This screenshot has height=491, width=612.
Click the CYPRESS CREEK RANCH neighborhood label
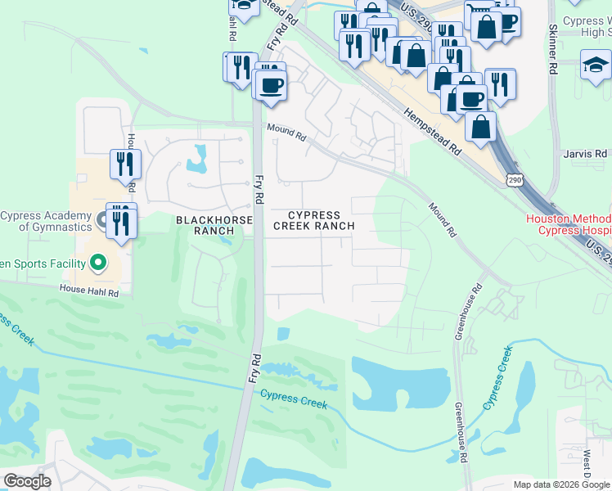point(313,220)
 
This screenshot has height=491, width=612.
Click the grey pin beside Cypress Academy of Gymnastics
point(101,219)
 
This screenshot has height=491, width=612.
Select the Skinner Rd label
point(553,50)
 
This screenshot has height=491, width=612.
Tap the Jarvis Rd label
point(586,153)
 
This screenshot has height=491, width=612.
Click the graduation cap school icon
point(596,65)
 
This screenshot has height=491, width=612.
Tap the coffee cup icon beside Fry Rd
point(271,84)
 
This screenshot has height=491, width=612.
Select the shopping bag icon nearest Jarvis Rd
point(480,127)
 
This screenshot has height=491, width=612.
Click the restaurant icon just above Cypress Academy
point(125,164)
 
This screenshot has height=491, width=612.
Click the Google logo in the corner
point(27,481)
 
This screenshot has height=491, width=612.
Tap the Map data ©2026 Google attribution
point(561,484)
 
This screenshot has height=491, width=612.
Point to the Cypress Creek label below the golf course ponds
point(294,399)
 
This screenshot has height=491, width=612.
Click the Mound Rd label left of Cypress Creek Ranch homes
point(286,132)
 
